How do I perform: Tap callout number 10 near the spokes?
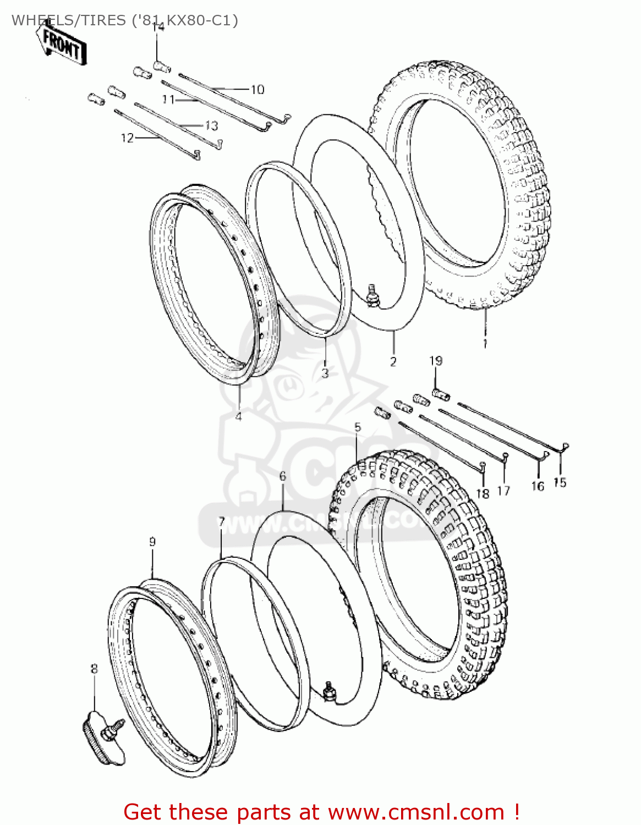click(258, 89)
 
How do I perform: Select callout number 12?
click(127, 137)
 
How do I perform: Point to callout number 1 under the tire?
click(485, 343)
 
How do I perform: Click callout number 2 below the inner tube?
click(393, 361)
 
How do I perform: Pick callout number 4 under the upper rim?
click(238, 416)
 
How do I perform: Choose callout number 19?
click(436, 361)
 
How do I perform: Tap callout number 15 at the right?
click(560, 482)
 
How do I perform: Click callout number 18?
click(483, 493)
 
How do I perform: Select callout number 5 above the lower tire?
click(358, 427)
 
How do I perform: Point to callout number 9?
click(152, 542)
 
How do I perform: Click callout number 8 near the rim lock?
click(94, 669)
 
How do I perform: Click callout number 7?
click(221, 521)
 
